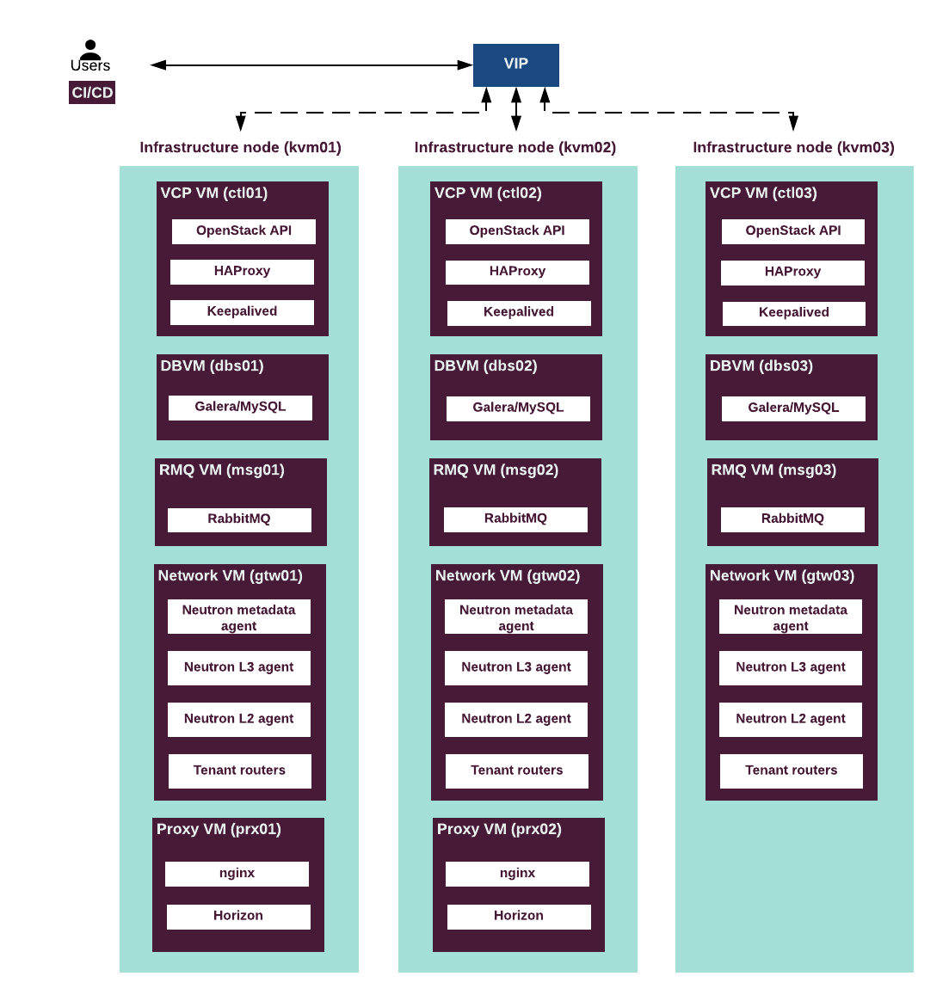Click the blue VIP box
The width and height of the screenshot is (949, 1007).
pos(516,64)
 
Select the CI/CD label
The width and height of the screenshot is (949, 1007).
pos(92,93)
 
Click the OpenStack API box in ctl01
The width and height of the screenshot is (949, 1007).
pos(243,231)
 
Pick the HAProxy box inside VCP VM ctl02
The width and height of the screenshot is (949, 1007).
pos(517,272)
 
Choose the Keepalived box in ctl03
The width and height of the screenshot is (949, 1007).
pos(793,313)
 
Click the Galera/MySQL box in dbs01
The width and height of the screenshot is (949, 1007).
pos(240,407)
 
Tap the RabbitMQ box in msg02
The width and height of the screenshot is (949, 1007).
pos(515,519)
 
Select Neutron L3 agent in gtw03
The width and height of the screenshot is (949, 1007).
pos(791,668)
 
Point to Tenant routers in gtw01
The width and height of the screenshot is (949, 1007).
pos(240,771)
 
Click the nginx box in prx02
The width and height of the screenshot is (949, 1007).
pos(517,874)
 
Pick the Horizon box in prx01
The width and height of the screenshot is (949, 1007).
pos(238,917)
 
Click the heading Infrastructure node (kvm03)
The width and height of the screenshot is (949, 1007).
pos(793,148)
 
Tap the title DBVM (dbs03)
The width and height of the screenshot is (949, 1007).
pos(761,366)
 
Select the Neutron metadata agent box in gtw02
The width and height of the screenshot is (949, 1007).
pos(516,617)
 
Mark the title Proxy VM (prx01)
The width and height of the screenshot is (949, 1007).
pos(219,829)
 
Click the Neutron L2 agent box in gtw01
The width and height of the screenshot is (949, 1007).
pos(239,719)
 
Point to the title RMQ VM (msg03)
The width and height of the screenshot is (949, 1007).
pos(773,470)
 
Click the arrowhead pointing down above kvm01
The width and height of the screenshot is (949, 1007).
pos(241,122)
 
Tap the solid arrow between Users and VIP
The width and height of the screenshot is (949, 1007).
pos(311,64)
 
